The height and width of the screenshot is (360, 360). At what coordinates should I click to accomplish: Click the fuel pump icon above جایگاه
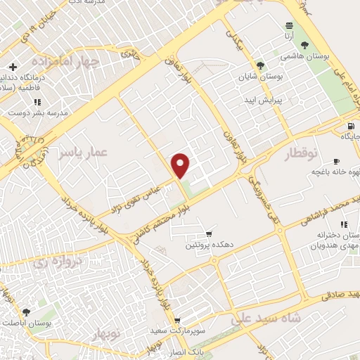pyautogui.click(x=349, y=127)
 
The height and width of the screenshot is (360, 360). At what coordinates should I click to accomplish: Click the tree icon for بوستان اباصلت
pyautogui.click(x=26, y=311)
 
